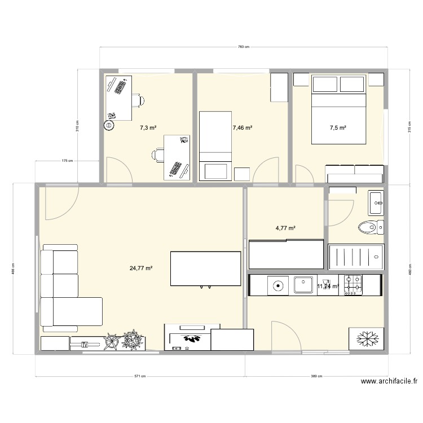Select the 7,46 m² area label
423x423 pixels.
click(x=242, y=128)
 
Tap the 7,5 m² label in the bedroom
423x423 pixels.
click(x=338, y=128)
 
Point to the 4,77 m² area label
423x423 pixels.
click(x=285, y=228)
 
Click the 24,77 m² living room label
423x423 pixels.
click(x=141, y=268)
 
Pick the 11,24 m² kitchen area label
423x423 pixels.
click(x=328, y=287)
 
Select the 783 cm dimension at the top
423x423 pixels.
click(x=244, y=47)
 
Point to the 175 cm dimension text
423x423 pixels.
click(x=67, y=161)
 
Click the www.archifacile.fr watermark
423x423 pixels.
click(x=389, y=382)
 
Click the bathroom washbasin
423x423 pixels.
click(x=376, y=202)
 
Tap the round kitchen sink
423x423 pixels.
click(x=277, y=285)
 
